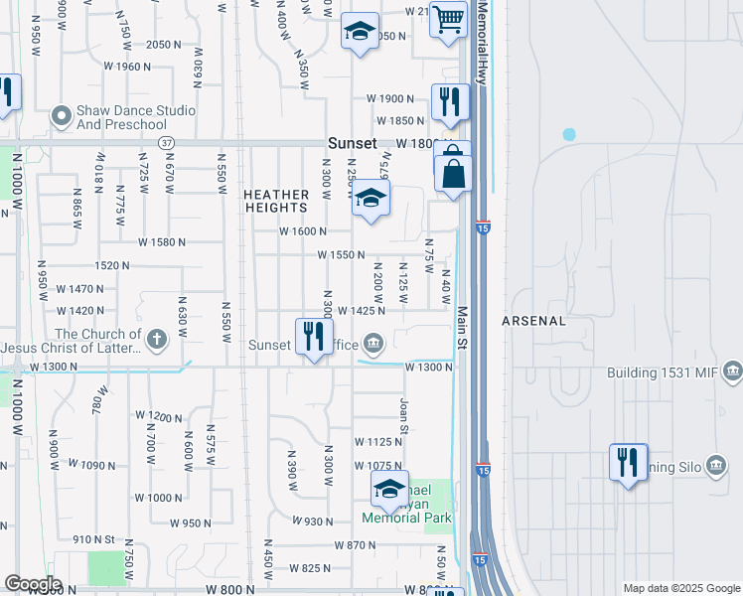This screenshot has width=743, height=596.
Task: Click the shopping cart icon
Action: tap(448, 18)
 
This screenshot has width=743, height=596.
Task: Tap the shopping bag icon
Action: tap(453, 175)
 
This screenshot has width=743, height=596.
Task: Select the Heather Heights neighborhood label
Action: tap(276, 201)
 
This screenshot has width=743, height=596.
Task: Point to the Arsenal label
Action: tap(533, 321)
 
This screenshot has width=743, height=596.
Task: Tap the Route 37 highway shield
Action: tap(167, 143)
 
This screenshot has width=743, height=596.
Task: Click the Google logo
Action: tap(33, 584)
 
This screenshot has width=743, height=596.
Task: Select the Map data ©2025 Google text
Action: tap(680, 588)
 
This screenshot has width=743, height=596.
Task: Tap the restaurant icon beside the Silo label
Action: tap(628, 463)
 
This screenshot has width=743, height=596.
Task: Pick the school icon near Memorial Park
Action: tap(389, 488)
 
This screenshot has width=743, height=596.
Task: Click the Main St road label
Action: tap(462, 328)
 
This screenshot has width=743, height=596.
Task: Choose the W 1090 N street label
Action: tap(105, 465)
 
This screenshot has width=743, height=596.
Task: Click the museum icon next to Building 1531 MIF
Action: tap(733, 372)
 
